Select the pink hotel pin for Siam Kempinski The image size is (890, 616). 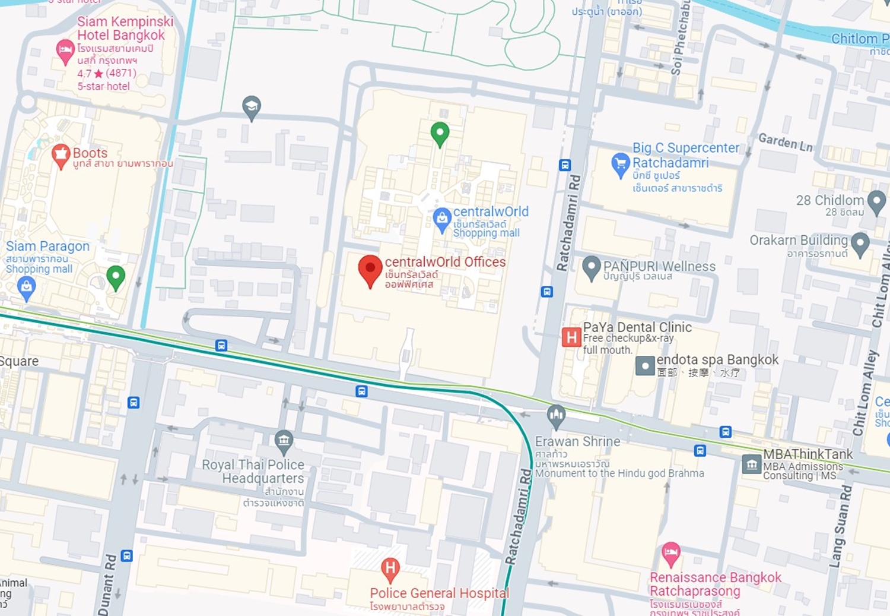coord(65,51)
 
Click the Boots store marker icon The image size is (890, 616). coord(61,156)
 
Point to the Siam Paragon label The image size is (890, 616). coord(47,247)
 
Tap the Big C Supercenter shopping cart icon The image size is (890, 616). coord(620,164)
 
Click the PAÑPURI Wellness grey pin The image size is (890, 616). coord(591,268)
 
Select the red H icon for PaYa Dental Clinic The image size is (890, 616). coord(571,337)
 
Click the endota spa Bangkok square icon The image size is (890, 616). coord(645,365)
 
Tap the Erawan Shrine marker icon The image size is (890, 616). coord(556,416)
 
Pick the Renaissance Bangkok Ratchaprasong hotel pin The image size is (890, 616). coord(671,554)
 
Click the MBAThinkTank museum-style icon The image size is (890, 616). coord(752,464)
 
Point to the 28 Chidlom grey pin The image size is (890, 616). coord(876,202)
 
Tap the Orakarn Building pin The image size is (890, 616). coord(860,243)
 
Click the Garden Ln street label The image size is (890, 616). coord(786,143)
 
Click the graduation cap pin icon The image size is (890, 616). coord(252,108)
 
